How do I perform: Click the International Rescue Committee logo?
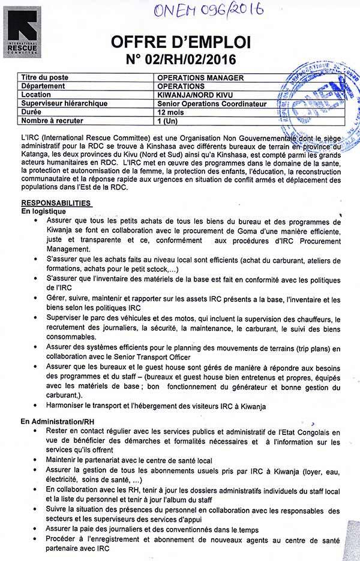pos(25,31)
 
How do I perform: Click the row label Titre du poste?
pos(45,78)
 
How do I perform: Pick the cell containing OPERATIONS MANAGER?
pos(200,78)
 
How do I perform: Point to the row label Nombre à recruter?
pos(51,120)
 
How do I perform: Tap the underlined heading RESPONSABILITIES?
pos(56,203)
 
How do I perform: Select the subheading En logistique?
pos(44,211)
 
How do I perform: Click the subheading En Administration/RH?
pos(58,422)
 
